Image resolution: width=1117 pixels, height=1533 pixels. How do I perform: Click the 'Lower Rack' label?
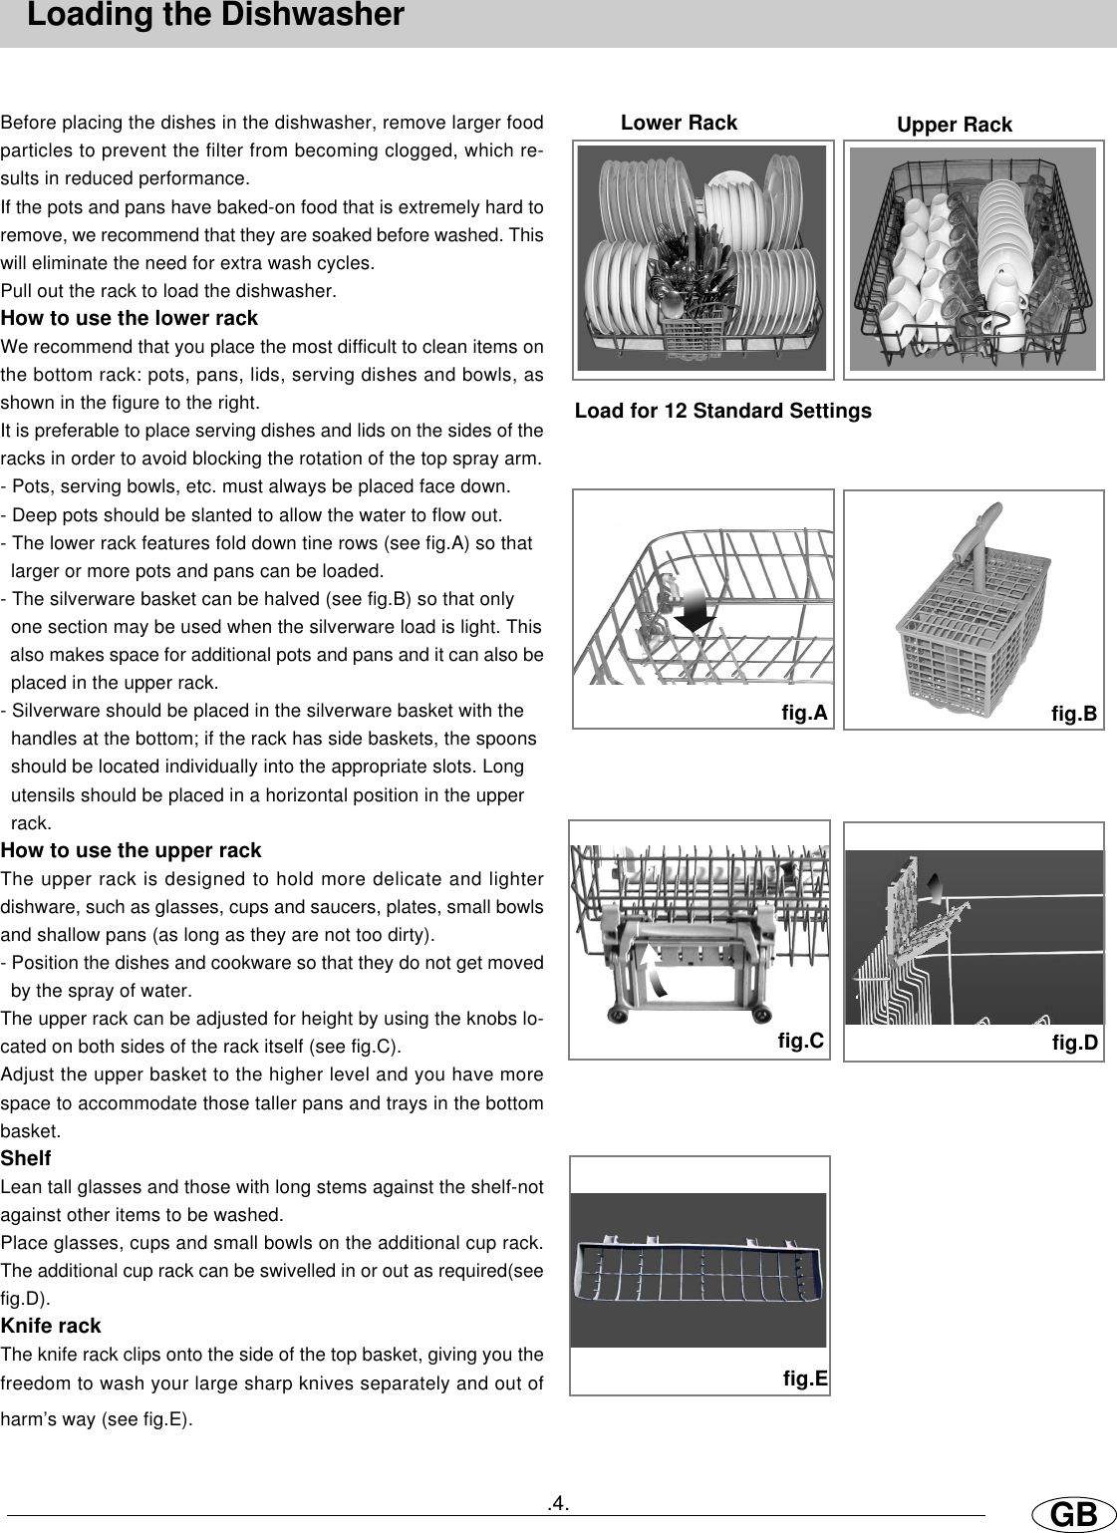679,123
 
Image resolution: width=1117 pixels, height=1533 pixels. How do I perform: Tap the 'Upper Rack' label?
954,125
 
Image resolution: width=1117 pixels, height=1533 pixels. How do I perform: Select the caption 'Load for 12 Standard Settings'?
722,411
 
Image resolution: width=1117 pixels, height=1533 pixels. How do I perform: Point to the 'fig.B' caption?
1074,714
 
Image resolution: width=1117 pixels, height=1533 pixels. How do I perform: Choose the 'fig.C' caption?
800,1042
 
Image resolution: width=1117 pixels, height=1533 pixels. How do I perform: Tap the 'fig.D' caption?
1074,1043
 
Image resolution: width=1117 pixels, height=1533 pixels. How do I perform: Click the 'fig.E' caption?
805,1379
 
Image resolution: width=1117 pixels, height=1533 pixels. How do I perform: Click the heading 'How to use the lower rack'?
130,319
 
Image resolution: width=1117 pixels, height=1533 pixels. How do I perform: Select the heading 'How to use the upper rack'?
131,850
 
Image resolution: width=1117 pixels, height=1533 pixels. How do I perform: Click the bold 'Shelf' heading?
26,1158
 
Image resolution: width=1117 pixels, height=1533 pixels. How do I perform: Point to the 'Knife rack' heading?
51,1326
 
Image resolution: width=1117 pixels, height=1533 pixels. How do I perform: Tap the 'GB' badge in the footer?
1072,1515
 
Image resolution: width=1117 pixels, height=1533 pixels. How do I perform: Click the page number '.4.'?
558,1502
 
